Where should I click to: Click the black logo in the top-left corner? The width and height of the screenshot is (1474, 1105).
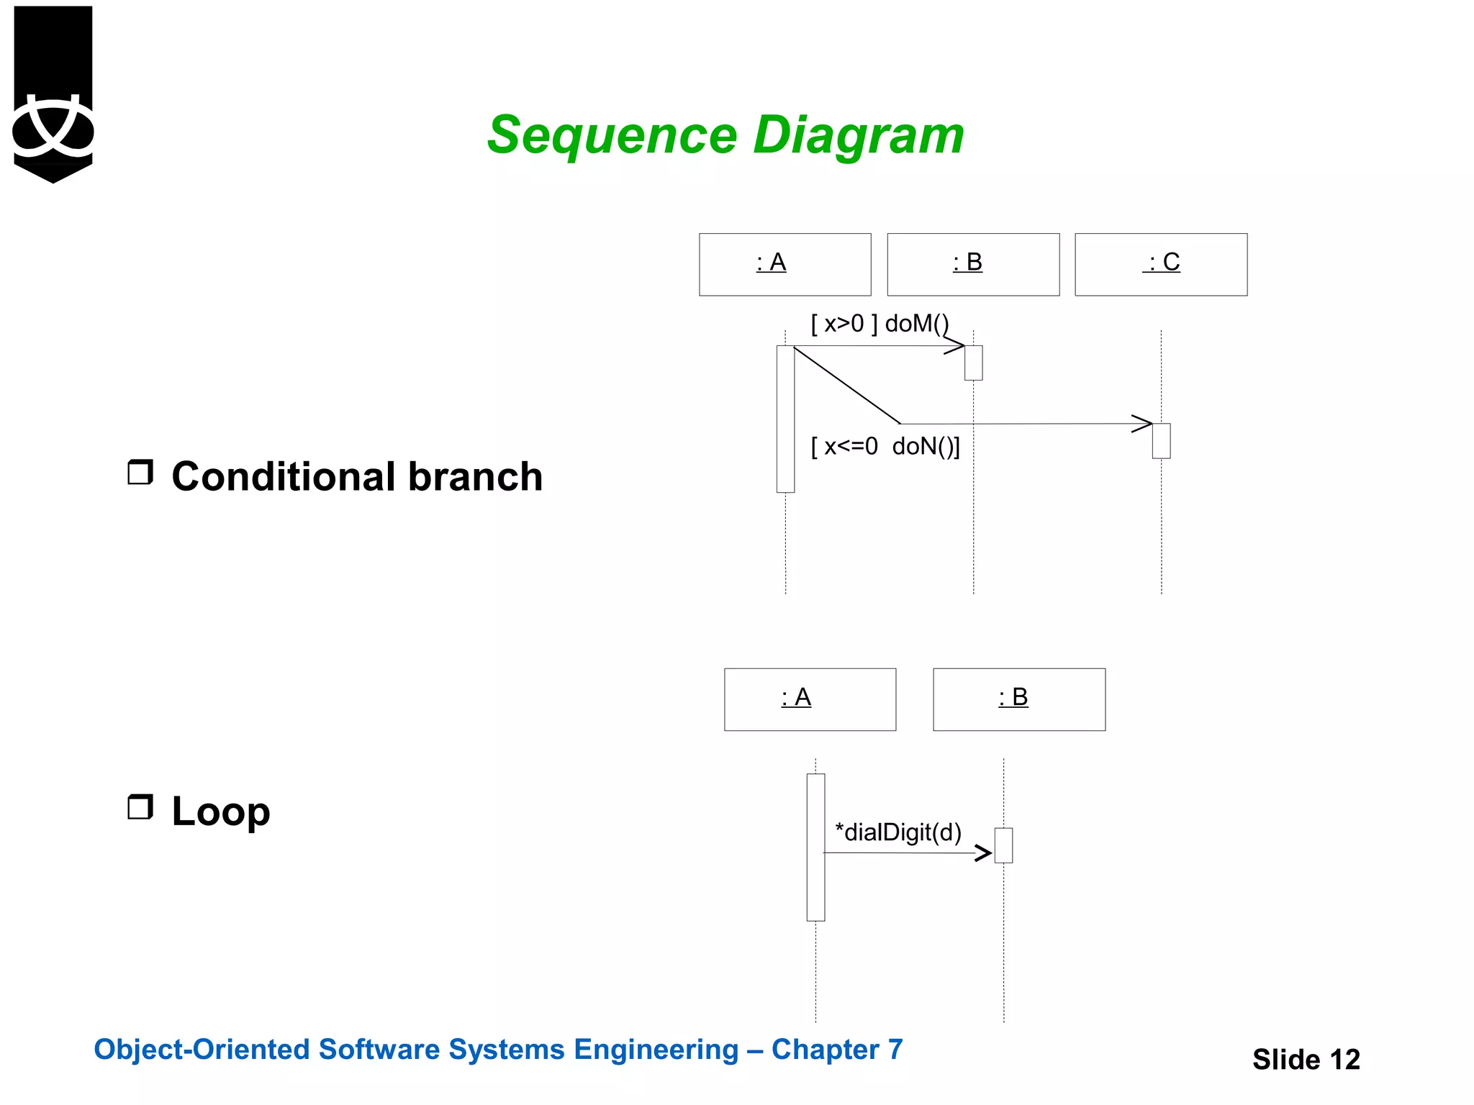(53, 94)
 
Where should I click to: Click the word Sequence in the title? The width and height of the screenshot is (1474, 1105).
(612, 135)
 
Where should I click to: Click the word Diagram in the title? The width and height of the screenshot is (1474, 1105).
(858, 135)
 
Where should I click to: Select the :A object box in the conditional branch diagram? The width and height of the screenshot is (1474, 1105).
(785, 264)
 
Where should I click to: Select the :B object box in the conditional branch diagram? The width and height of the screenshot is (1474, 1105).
(973, 264)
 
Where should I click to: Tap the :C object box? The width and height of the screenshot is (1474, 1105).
(1161, 264)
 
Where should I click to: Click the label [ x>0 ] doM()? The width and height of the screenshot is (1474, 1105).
(880, 324)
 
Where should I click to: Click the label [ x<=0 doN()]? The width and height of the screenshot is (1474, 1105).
(885, 447)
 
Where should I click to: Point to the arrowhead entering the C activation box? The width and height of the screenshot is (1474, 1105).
(1142, 424)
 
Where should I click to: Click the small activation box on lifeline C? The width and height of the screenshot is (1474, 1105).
(1161, 441)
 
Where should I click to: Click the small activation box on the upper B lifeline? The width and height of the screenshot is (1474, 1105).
(973, 363)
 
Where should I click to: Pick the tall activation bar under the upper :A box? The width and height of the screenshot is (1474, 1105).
(785, 419)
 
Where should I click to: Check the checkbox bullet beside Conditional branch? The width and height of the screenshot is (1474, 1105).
(140, 473)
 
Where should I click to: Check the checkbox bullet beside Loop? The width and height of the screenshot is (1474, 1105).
(140, 807)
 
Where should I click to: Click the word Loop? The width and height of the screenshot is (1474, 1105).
(221, 811)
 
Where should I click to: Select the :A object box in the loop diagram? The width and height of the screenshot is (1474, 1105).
(810, 699)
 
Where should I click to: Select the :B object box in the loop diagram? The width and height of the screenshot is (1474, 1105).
(1019, 699)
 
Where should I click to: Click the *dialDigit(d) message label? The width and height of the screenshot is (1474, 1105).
(898, 832)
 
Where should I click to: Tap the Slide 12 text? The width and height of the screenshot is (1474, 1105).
(1306, 1059)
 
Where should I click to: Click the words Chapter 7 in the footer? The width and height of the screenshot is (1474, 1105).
(837, 1050)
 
